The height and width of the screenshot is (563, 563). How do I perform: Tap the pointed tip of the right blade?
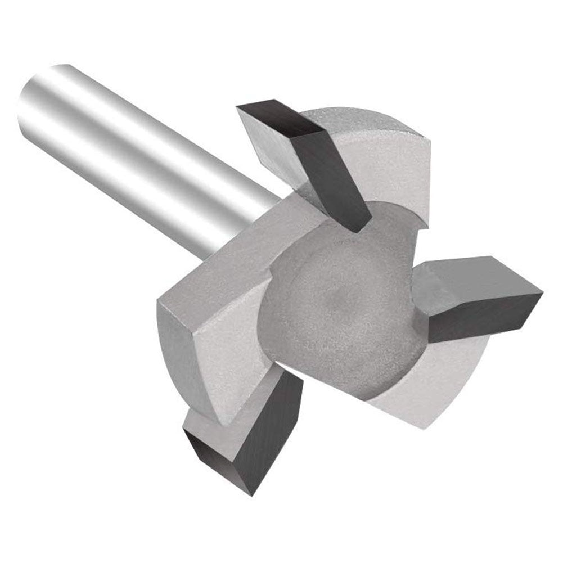[x=540, y=292]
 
